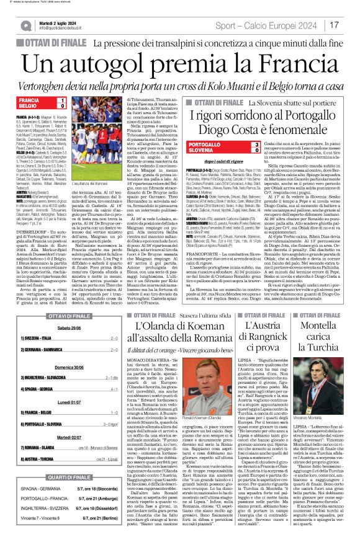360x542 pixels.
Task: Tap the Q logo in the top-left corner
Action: [x=26, y=25]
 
